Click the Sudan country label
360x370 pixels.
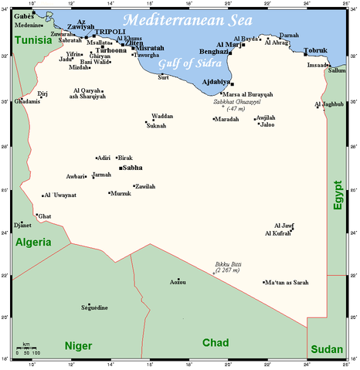coord(326,350)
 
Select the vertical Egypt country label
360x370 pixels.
coord(338,195)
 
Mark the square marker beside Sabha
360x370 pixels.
coord(120,167)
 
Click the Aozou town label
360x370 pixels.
coord(178,284)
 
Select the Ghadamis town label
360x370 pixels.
coord(27,101)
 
